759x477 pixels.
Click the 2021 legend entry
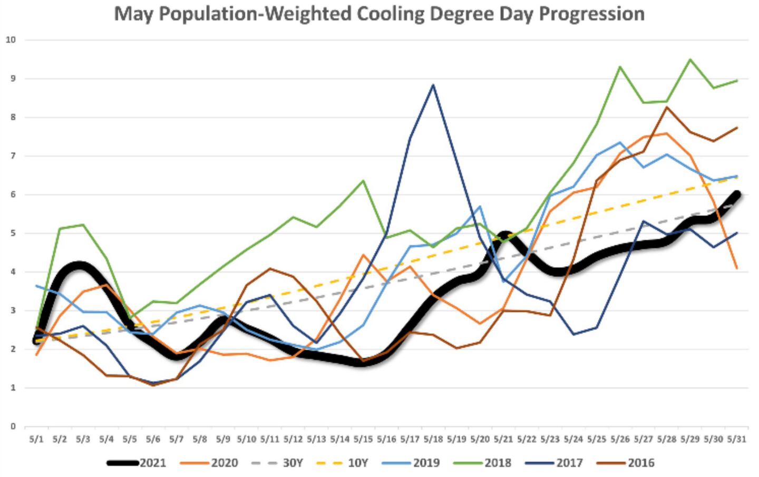tap(137, 463)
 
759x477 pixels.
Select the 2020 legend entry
tap(209, 463)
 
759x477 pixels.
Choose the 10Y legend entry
tap(342, 463)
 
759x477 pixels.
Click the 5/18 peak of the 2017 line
tap(433, 84)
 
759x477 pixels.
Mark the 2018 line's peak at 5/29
tap(690, 59)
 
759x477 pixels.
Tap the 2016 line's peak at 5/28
tap(667, 108)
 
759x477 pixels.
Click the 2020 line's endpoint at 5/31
tap(736, 268)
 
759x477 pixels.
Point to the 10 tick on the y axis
tap(11, 40)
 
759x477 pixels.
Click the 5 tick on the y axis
tap(12, 233)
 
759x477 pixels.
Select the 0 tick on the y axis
tap(12, 426)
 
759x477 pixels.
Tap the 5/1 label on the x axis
tap(36, 439)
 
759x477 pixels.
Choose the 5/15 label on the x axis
tap(363, 439)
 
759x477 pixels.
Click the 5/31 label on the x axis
tap(736, 439)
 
